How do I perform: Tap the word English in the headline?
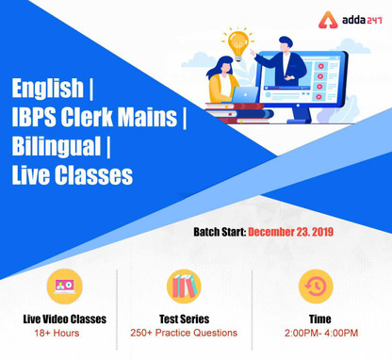click(x=47, y=90)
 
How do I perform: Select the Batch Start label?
click(x=220, y=231)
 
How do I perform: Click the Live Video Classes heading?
click(x=64, y=319)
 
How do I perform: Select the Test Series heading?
click(x=184, y=319)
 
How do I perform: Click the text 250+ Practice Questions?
click(x=184, y=333)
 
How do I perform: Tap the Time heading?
click(x=315, y=319)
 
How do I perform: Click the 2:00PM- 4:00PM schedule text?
click(x=315, y=333)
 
